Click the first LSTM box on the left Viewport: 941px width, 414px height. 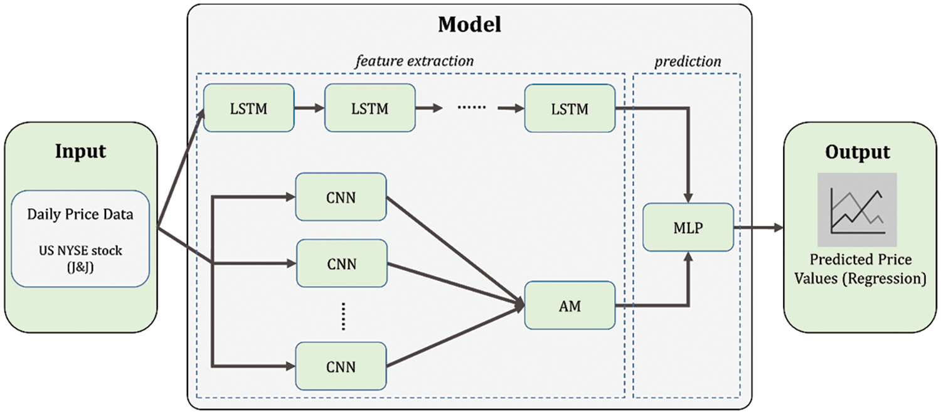tap(248, 108)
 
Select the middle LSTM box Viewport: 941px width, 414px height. tap(369, 108)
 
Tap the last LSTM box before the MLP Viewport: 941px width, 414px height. tap(570, 108)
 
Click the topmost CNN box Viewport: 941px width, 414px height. tap(341, 198)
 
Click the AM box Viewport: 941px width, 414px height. tap(570, 305)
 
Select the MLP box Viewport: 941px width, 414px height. tap(688, 228)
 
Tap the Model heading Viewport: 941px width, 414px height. tap(469, 24)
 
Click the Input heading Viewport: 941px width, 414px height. tap(80, 151)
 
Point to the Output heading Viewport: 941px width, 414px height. tap(857, 151)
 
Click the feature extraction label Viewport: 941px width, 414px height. tap(414, 61)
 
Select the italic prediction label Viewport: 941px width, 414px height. tap(688, 61)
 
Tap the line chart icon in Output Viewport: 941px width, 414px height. tap(857, 210)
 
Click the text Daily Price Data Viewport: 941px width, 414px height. tap(80, 214)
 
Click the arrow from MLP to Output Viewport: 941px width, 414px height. tap(758, 228)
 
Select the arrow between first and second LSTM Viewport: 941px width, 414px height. tap(309, 108)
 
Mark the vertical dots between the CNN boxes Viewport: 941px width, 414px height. tap(344, 315)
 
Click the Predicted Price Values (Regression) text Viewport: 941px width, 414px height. tap(860, 269)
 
